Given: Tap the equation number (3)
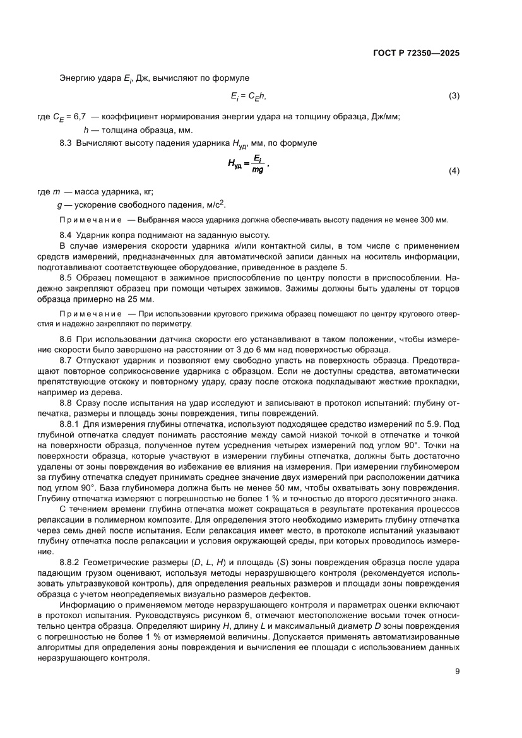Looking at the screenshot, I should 454,96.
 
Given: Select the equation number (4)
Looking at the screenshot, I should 454,171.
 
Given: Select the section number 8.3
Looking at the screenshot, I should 66,143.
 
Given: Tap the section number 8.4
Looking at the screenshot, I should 66,235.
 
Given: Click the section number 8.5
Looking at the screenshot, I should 66,278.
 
